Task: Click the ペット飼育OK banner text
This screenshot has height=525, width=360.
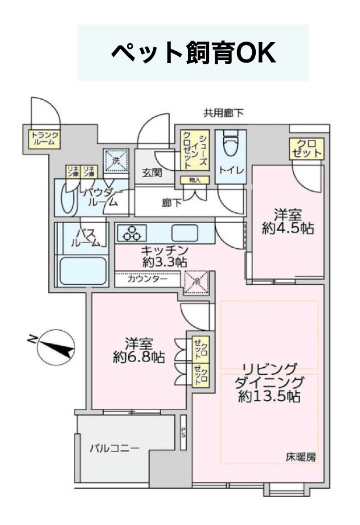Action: point(193,54)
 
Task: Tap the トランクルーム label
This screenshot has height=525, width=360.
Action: point(44,138)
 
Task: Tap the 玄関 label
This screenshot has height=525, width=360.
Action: point(151,173)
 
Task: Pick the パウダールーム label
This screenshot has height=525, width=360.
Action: point(101,196)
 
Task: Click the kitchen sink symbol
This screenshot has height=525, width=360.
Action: point(184,232)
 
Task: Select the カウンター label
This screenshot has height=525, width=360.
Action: point(147,280)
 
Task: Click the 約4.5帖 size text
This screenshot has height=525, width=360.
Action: point(288,229)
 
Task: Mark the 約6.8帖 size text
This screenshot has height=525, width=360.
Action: point(138,358)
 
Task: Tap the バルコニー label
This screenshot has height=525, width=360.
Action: point(114,448)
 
